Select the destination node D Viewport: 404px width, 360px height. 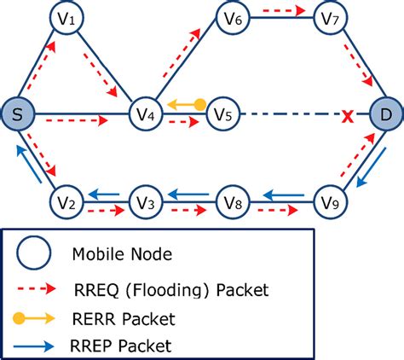pos(386,113)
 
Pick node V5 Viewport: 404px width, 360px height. pos(223,113)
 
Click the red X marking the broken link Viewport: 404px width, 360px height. pos(348,113)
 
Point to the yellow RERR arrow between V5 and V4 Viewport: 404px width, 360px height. pos(186,104)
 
